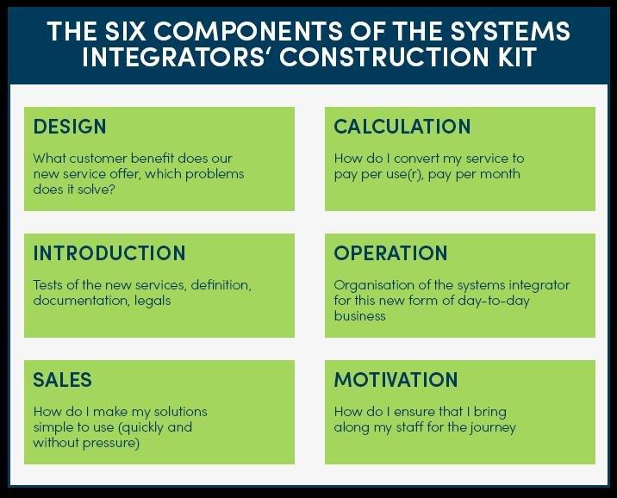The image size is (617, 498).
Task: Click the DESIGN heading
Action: click(x=70, y=127)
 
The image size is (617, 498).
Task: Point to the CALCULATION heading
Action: click(x=402, y=127)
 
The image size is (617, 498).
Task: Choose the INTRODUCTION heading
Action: click(x=109, y=253)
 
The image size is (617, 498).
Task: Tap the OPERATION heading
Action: click(x=390, y=253)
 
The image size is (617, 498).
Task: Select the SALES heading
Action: click(x=63, y=380)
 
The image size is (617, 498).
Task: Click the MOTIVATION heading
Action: click(x=396, y=380)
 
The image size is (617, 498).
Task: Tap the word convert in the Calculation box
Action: click(x=416, y=159)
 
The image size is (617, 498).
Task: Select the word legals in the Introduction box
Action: click(x=153, y=301)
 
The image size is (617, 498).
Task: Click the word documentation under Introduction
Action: click(x=82, y=301)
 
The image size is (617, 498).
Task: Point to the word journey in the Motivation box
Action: click(x=494, y=427)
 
